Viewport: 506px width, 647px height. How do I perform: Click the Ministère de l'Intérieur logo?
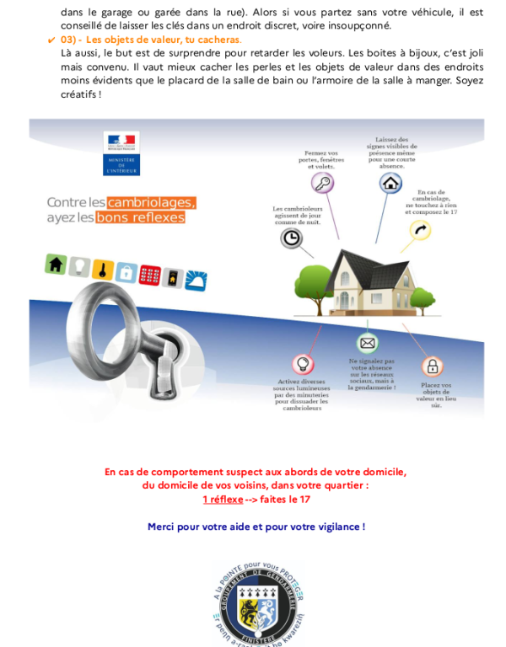[121, 153]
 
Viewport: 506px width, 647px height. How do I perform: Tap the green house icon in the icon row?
[56, 265]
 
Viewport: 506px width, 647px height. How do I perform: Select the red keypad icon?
[150, 275]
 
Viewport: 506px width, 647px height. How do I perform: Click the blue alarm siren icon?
[196, 281]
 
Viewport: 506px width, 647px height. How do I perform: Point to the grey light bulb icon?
[79, 267]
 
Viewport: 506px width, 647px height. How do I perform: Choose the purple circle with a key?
[321, 183]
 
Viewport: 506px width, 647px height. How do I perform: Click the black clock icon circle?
[291, 238]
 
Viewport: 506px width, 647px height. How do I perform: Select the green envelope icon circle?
[367, 343]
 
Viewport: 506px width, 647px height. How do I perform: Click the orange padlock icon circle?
[432, 366]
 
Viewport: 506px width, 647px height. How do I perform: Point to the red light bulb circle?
[302, 364]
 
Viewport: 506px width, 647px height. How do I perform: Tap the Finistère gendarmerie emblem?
[253, 602]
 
